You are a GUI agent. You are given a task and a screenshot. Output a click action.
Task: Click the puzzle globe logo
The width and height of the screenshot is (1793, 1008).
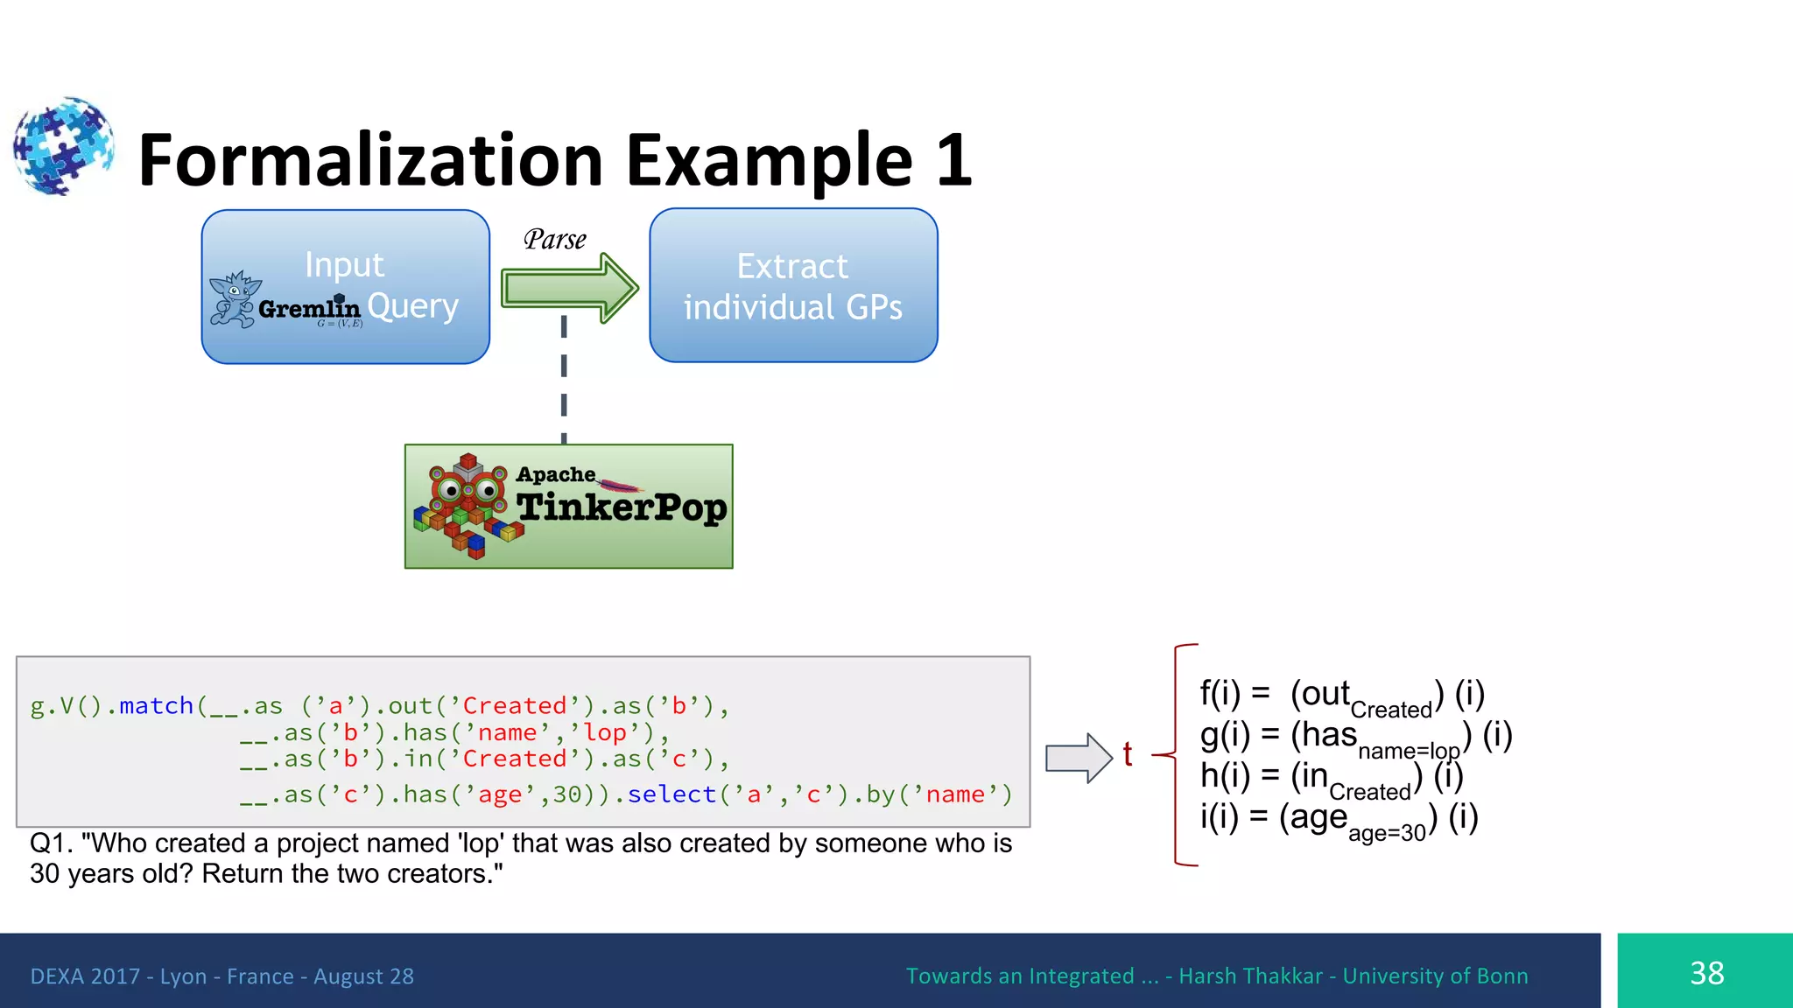[x=63, y=145]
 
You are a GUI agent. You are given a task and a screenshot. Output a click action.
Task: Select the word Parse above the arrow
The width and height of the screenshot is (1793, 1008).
[x=554, y=240]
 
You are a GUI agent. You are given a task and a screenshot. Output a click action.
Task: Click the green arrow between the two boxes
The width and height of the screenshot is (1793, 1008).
[x=569, y=288]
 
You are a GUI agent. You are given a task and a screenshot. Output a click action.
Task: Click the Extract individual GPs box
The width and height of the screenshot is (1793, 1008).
[x=793, y=286]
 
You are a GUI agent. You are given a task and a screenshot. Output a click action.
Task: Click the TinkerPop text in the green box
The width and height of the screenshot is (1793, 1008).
[x=621, y=507]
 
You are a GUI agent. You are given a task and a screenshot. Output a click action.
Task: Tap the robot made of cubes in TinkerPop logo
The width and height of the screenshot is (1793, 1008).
[x=468, y=506]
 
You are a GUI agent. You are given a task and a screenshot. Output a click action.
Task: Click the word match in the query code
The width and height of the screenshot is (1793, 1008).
[x=156, y=705]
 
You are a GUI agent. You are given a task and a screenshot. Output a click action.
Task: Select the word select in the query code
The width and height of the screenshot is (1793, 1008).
[x=671, y=794]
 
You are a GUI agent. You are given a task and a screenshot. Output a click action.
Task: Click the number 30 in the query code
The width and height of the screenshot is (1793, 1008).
[x=567, y=794]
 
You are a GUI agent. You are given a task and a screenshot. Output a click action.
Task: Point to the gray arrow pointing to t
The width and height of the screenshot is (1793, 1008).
[x=1078, y=757]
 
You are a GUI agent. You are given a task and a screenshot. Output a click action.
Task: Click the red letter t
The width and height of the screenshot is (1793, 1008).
[x=1128, y=754]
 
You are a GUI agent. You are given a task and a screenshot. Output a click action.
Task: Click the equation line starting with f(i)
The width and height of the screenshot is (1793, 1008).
[x=1341, y=696]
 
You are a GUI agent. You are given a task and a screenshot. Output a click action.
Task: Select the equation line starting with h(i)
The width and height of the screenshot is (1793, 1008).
[x=1331, y=777]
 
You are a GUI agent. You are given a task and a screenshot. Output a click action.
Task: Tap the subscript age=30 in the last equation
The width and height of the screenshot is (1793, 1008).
[x=1387, y=833]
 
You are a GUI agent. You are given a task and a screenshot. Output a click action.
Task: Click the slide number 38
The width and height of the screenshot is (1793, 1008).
[x=1706, y=973]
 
